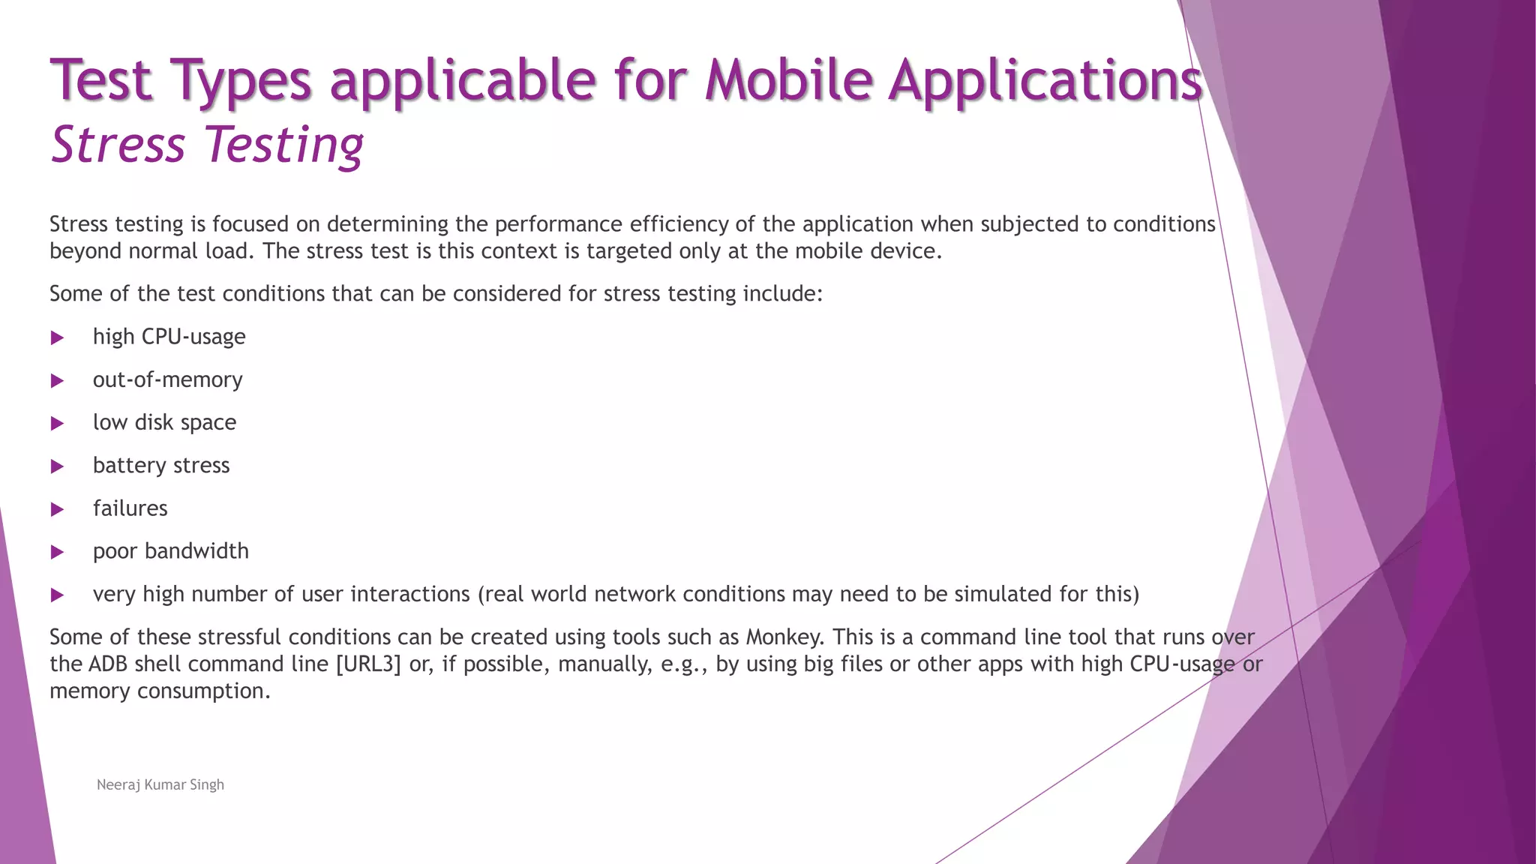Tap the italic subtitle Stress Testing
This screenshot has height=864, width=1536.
207,145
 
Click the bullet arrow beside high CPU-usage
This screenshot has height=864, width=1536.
57,338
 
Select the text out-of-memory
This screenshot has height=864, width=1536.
167,379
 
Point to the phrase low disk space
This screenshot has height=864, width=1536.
164,422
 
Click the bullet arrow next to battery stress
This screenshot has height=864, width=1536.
57,466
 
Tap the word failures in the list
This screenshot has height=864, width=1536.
130,508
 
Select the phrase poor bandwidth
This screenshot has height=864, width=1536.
170,551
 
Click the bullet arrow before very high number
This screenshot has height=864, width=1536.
57,595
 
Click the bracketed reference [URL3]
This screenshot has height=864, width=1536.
368,664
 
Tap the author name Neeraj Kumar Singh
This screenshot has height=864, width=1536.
160,784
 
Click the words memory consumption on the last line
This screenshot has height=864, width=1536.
159,691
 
